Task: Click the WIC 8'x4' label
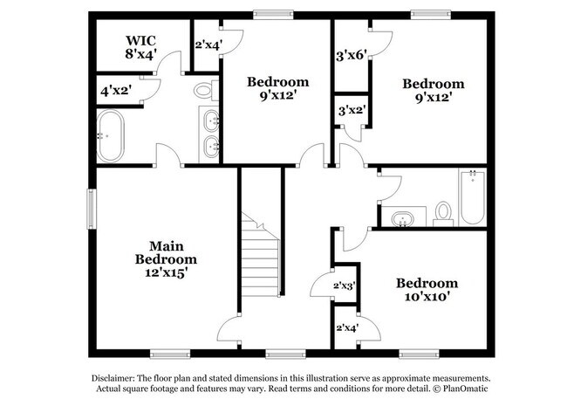coord(140,46)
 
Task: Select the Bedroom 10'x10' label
coord(427,289)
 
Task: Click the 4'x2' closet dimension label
coord(114,90)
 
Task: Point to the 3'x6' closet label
coord(352,54)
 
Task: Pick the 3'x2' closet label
coord(352,111)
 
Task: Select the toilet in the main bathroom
coord(204,89)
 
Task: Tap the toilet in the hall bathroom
coord(443,212)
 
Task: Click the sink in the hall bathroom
coord(402,217)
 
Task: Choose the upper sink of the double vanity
coord(212,120)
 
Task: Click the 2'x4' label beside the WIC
coord(208,45)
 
